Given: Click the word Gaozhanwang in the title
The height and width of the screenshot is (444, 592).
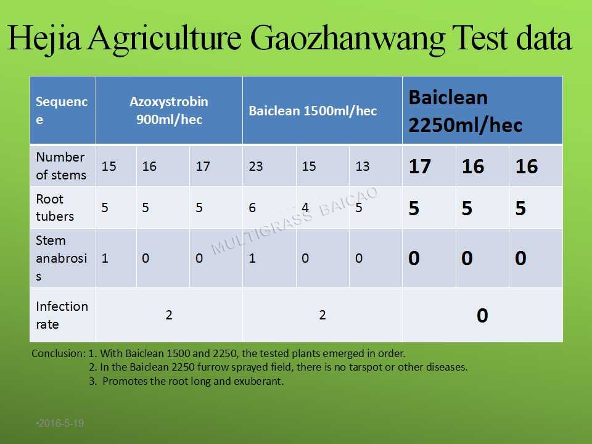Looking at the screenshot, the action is (x=347, y=38).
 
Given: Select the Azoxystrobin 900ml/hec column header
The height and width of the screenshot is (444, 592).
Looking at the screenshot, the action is (x=169, y=110).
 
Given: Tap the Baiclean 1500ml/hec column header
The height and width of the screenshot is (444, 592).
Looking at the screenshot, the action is (x=313, y=110).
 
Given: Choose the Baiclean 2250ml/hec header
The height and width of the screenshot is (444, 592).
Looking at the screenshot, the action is (x=465, y=111).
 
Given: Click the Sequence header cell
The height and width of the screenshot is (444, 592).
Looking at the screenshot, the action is (x=62, y=110).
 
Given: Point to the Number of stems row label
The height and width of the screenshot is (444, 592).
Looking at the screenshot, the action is (x=61, y=166).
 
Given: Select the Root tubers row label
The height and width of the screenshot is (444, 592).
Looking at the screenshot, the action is (x=55, y=207).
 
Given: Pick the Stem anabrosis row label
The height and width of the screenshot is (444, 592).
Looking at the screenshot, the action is (x=61, y=258).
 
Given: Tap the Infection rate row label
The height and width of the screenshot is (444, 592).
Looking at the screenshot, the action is (x=62, y=315).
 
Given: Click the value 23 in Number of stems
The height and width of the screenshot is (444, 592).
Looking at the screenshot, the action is (x=255, y=166).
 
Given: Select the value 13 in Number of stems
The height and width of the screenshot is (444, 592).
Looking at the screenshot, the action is (x=362, y=166).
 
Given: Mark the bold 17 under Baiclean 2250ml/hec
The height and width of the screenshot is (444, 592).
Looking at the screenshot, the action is (x=419, y=166).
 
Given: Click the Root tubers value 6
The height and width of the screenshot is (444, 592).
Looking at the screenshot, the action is (x=252, y=207).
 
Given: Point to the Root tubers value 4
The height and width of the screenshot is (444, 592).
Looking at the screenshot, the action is (x=305, y=207).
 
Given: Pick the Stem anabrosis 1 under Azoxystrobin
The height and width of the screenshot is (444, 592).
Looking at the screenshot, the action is (x=105, y=258).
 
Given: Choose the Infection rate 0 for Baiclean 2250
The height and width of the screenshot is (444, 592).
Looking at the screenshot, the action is (x=482, y=315).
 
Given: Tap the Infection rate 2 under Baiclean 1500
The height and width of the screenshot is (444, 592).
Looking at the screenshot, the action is (x=322, y=315).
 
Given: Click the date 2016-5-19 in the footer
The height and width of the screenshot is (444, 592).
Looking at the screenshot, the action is (x=60, y=423).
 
